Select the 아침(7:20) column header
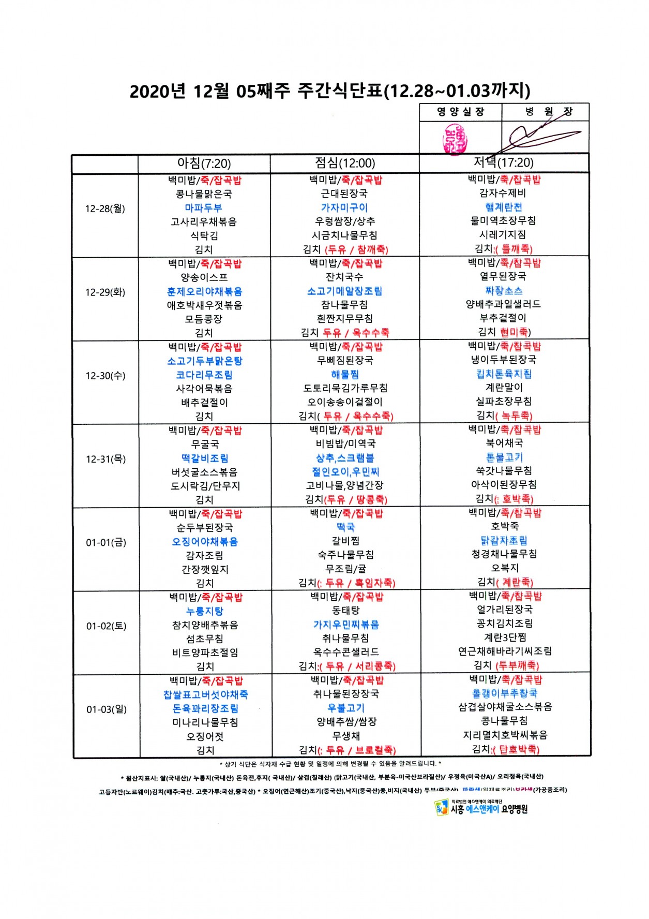tap(204, 164)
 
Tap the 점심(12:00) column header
tap(345, 164)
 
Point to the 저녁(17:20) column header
tap(504, 162)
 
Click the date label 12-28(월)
tap(105, 209)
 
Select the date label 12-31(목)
tap(105, 459)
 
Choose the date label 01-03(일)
tap(107, 709)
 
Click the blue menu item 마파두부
tap(204, 207)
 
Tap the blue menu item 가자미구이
tap(344, 207)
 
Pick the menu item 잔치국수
tap(344, 277)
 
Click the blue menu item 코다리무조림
tap(204, 375)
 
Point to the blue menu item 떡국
tap(345, 527)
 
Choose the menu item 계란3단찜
tap(505, 638)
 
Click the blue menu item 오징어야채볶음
tap(205, 542)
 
